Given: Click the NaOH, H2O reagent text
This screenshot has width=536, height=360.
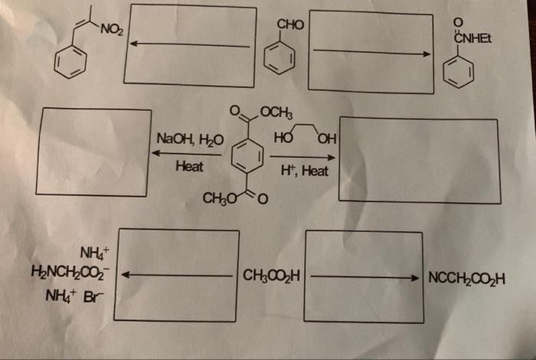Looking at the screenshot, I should click(x=189, y=139).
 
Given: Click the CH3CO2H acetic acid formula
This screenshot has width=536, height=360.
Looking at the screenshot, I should click(x=270, y=274).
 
